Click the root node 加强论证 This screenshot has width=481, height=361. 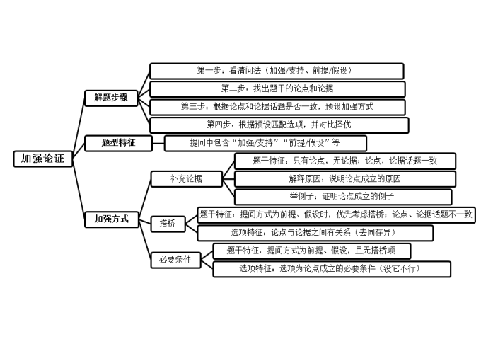(x=42, y=159)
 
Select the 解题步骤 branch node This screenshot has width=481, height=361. (x=112, y=98)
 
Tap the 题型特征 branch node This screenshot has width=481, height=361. (x=118, y=143)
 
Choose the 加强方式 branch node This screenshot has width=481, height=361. (x=112, y=219)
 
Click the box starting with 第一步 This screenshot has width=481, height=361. (x=277, y=71)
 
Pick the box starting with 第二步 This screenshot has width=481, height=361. (x=277, y=89)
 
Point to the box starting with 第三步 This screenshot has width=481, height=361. (x=277, y=107)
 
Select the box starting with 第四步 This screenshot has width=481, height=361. (x=279, y=125)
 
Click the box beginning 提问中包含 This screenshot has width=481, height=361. (x=265, y=143)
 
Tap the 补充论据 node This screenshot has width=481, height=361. (x=187, y=179)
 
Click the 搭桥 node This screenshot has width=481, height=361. (x=168, y=224)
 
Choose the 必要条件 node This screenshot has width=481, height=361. (x=175, y=260)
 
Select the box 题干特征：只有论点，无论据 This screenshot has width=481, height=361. (x=344, y=161)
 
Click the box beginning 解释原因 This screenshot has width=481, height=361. (x=344, y=178)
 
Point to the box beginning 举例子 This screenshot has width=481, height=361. (x=342, y=196)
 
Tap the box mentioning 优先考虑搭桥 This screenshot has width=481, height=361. (x=336, y=214)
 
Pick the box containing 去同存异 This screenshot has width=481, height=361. (x=315, y=233)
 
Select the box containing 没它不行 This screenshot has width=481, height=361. (x=331, y=269)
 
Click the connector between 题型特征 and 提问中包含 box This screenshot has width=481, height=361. (x=159, y=143)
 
